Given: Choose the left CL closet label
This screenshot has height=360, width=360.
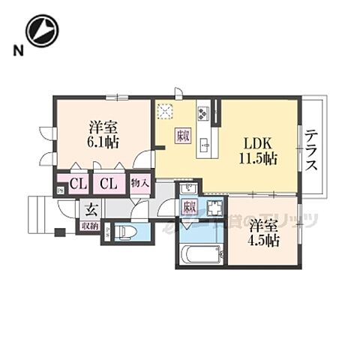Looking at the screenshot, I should [77, 183].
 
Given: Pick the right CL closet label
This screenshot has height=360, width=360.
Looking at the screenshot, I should [109, 183].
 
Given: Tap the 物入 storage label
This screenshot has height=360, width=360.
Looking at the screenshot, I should [140, 183].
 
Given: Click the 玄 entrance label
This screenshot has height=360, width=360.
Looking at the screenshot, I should [89, 209].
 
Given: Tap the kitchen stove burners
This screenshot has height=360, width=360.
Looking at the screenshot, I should [202, 114].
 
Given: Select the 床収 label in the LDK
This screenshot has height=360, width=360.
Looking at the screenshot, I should [183, 136].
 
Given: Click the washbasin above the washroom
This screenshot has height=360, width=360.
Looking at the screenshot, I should [189, 187].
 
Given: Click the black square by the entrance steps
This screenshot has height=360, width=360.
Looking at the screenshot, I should [59, 232].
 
